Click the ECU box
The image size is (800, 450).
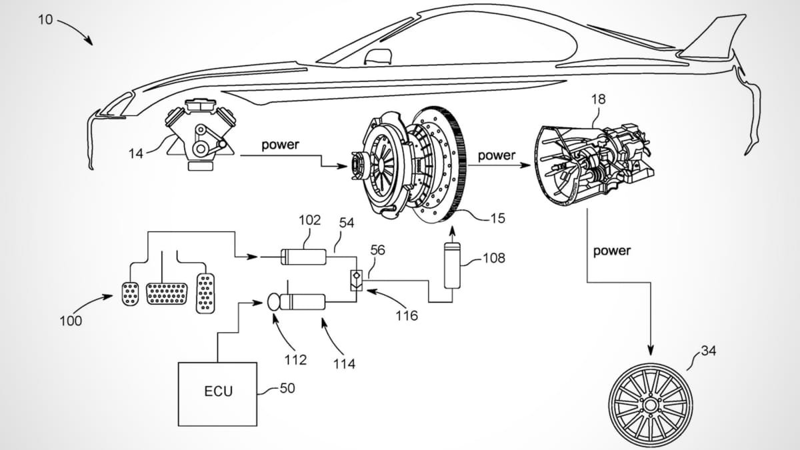217,393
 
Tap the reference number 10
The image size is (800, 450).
45,19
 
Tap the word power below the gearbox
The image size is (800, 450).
611,251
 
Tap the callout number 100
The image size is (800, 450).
71,321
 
